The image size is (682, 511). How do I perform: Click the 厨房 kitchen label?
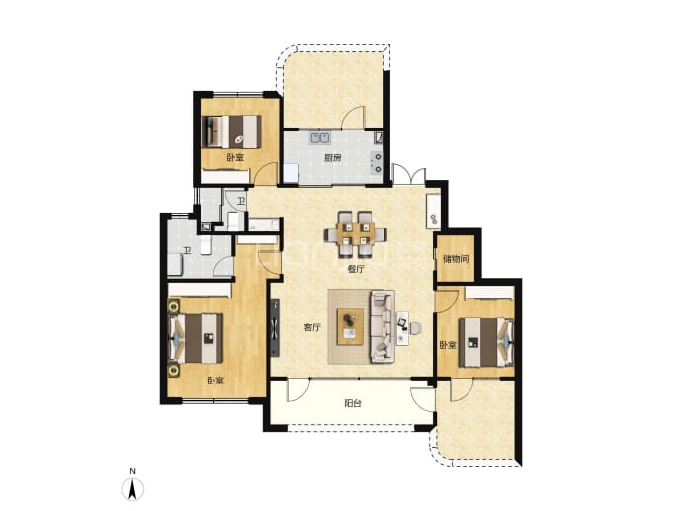tap(332, 158)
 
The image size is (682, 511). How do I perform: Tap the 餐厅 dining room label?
tap(356, 269)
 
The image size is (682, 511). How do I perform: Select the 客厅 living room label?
tap(312, 328)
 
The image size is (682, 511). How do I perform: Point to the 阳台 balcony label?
tap(353, 404)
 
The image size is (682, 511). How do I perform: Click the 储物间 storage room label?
tap(456, 259)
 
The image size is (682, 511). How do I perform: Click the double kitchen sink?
tap(319, 138)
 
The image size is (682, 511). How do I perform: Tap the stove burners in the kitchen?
tap(376, 163)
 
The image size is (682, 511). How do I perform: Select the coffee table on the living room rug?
tap(351, 326)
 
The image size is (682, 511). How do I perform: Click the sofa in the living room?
tap(383, 326)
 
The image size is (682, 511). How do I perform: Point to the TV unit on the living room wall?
tap(275, 328)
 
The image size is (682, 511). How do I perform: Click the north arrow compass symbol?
tap(132, 489)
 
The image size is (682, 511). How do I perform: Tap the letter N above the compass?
tap(133, 471)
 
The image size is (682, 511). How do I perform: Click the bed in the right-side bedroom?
tap(486, 342)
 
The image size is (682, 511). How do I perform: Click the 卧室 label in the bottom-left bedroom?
tap(215, 381)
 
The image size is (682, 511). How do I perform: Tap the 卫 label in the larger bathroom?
tap(187, 251)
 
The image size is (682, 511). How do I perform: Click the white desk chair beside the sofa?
tap(415, 328)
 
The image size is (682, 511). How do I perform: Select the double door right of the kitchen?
tap(409, 174)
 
